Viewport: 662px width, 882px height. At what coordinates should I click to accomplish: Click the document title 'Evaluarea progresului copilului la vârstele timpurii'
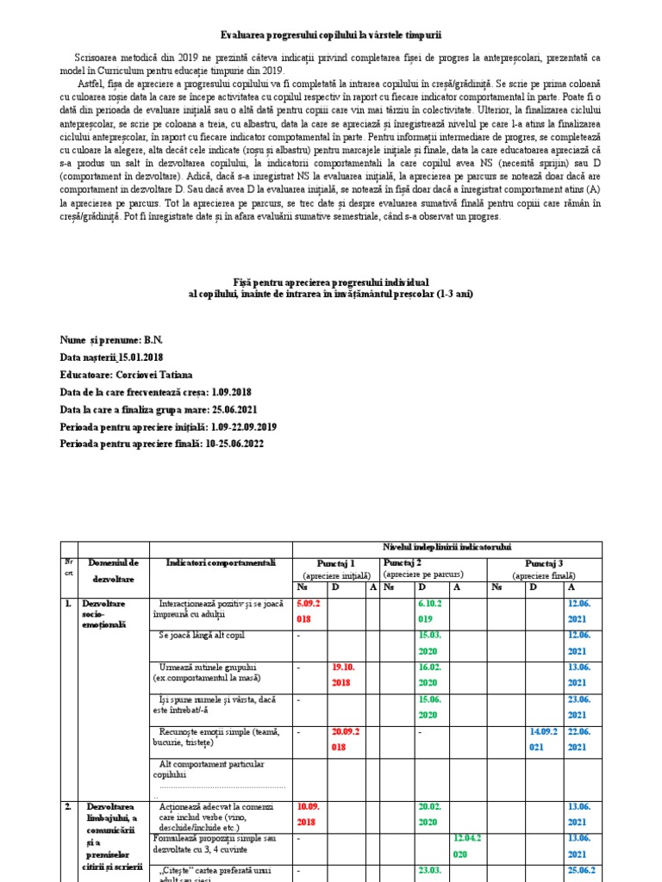tap(331, 35)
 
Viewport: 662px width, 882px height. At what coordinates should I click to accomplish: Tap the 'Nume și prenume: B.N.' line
tap(111, 341)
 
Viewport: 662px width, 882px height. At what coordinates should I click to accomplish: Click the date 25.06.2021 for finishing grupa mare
tap(227, 410)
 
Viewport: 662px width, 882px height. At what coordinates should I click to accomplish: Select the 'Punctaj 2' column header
tap(403, 561)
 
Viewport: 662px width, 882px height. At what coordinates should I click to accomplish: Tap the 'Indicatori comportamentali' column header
tap(222, 562)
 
